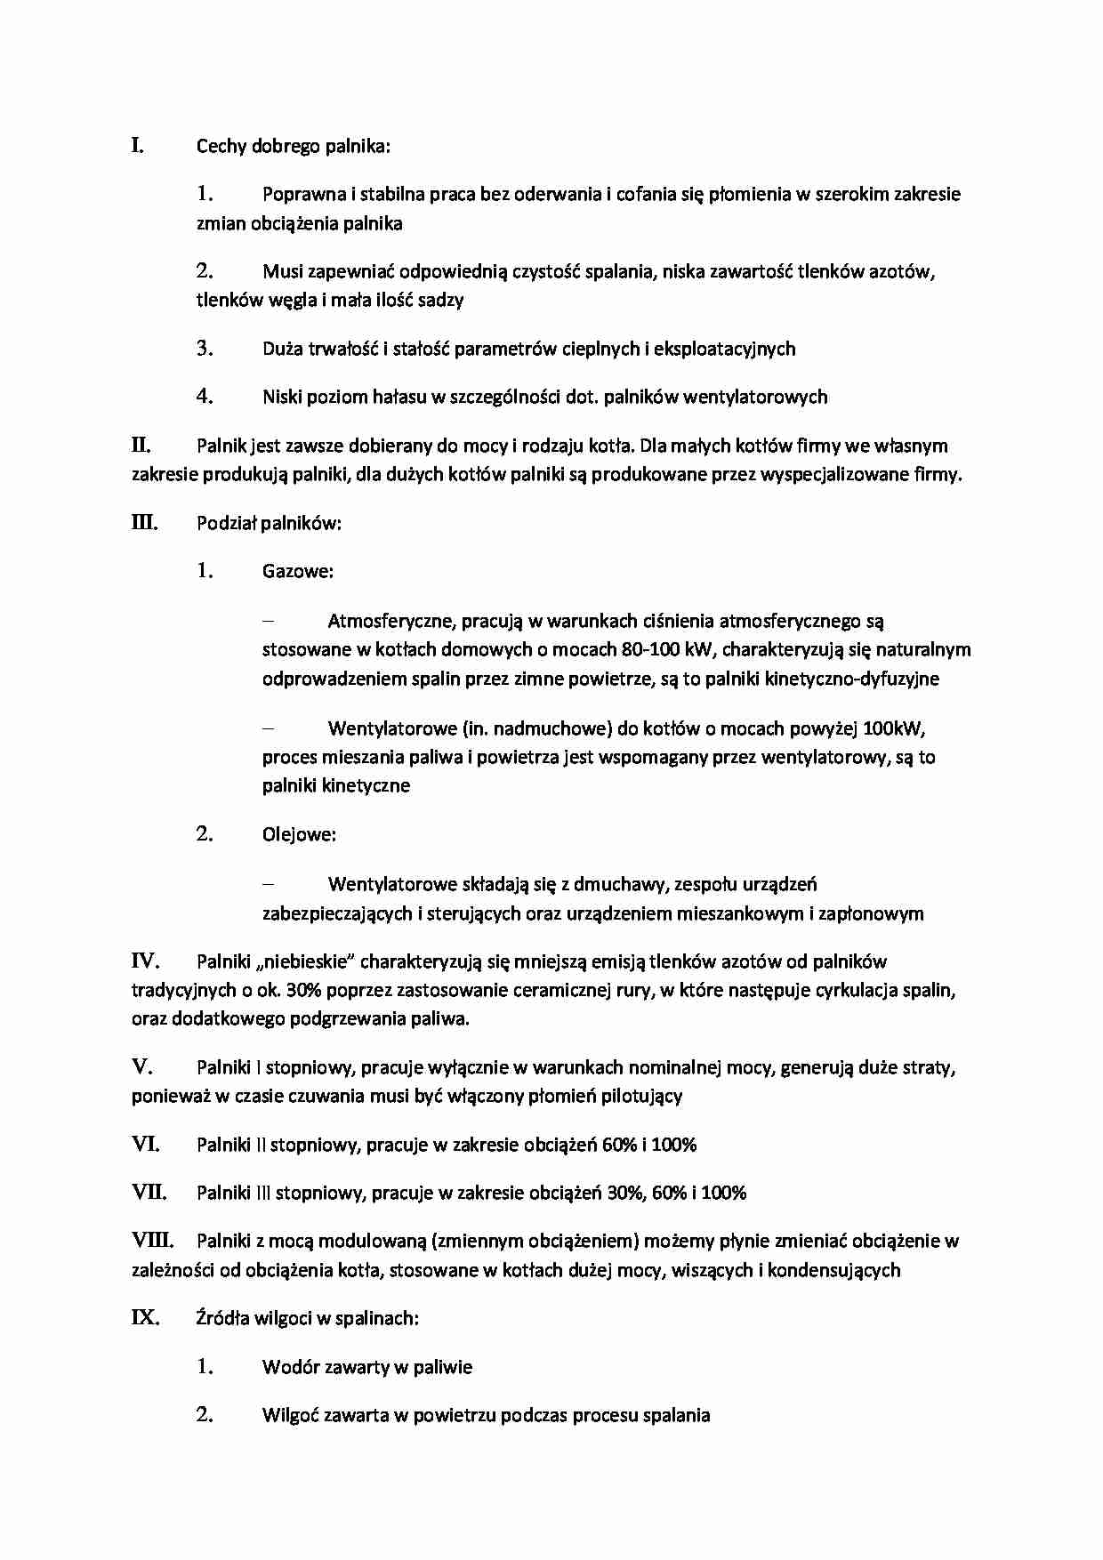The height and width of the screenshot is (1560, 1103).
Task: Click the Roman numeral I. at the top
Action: coord(138,145)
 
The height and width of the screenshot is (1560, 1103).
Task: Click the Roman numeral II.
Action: coord(141,445)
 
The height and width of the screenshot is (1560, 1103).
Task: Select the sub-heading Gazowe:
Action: coord(297,571)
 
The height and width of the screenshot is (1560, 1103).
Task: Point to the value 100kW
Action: coord(894,729)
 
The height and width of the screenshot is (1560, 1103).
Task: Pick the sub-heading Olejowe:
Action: coord(299,834)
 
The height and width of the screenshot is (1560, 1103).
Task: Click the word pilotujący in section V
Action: coord(640,1096)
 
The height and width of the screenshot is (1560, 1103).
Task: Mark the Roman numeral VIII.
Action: coord(152,1240)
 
